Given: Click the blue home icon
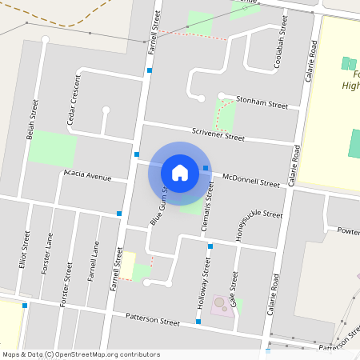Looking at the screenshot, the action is coord(180,173).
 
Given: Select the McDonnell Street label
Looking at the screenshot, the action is coord(251,180).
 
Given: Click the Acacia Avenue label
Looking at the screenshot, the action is coord(88,176).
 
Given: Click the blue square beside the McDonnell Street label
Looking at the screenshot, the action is coord(206,168).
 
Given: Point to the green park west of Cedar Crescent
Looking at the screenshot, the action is coord(53,148).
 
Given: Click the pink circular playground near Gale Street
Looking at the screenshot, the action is coord(219,303).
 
